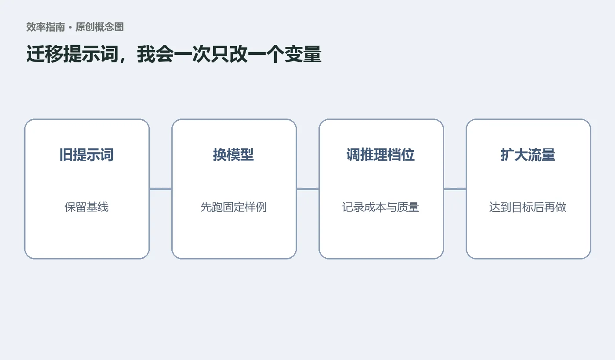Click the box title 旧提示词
coord(87,155)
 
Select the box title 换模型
coord(234,155)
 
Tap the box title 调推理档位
coord(381,155)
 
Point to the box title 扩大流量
coord(528,155)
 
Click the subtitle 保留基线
coord(87,207)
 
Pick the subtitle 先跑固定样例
coord(234,207)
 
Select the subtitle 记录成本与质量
coord(381,207)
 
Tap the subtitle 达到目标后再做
coord(528,207)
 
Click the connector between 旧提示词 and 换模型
coord(161,189)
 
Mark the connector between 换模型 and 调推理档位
coord(308,189)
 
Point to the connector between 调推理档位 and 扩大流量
coord(455,189)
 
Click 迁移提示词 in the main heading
coord(72,54)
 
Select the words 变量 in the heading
coord(303,54)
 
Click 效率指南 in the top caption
coord(46,27)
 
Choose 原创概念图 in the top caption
coord(100,27)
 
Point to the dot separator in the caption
coord(70,27)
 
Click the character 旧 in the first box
coord(66,155)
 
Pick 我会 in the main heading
coord(156,54)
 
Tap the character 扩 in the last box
coord(507,155)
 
